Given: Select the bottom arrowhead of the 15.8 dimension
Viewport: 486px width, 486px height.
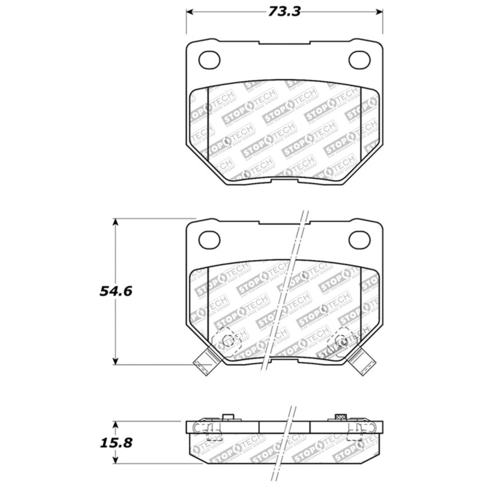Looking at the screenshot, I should [115, 461].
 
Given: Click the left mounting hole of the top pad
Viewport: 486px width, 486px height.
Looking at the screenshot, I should [208, 58].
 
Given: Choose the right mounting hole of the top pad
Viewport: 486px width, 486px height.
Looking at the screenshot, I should [360, 58].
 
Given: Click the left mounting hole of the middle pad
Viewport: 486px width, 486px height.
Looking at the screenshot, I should [208, 238].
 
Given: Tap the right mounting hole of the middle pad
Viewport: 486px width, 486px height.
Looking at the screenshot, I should [360, 238].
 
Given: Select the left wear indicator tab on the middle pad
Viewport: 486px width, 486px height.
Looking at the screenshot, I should [204, 363].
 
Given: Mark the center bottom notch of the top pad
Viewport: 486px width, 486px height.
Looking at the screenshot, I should [284, 182].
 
